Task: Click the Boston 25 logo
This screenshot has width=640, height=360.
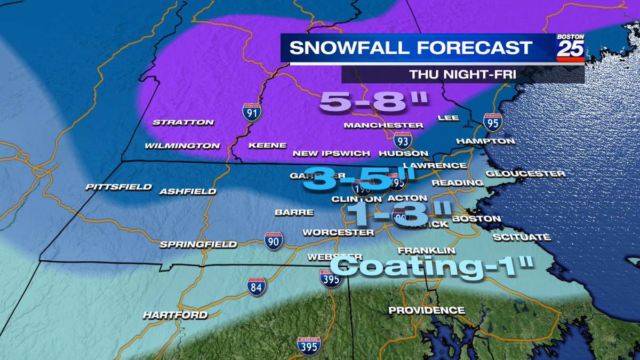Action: click(570, 48)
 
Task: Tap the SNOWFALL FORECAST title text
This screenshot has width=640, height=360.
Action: click(411, 47)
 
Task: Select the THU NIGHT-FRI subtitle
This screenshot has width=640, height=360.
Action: click(462, 75)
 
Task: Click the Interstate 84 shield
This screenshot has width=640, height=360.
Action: click(257, 287)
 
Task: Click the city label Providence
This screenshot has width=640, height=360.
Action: click(426, 310)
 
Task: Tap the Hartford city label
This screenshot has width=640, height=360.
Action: click(175, 315)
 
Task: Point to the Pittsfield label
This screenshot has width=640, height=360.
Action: click(119, 187)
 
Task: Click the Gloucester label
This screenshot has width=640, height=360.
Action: click(525, 174)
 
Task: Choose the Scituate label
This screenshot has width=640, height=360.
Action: click(521, 237)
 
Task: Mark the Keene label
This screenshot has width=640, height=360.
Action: click(267, 145)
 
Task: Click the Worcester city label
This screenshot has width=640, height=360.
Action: click(338, 233)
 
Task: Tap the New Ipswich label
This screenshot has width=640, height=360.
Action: click(331, 154)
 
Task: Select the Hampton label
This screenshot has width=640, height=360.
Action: click(485, 141)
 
